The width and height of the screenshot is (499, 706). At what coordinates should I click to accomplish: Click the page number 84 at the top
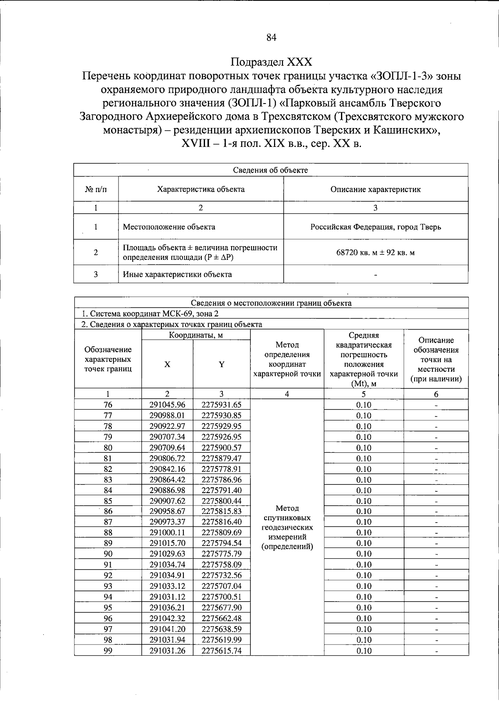point(271,37)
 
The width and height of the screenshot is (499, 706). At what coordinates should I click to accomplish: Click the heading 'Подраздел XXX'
point(271,62)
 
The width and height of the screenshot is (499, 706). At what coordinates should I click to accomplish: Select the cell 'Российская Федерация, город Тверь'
point(375,227)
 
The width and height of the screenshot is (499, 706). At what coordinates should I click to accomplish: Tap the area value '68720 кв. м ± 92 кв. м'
point(375,252)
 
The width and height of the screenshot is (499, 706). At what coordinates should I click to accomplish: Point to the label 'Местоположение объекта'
point(169,227)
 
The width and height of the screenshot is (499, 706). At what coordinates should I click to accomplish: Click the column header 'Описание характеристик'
point(375,190)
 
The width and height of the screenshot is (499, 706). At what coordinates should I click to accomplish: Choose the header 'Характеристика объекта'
point(201,190)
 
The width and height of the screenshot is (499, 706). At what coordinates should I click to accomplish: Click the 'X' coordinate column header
point(167,365)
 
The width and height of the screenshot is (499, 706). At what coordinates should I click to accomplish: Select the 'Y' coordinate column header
point(222,365)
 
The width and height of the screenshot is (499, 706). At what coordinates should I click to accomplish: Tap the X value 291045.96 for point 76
point(167,405)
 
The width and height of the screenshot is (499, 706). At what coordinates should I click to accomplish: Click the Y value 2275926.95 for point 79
point(222,437)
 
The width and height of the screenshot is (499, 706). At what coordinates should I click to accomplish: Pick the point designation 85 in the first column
point(108,501)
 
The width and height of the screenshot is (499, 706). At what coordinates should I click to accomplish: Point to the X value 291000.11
point(167,533)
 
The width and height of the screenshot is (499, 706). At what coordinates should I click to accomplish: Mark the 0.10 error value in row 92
point(364,575)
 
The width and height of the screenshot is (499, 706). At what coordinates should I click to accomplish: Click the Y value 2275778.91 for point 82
point(222,469)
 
